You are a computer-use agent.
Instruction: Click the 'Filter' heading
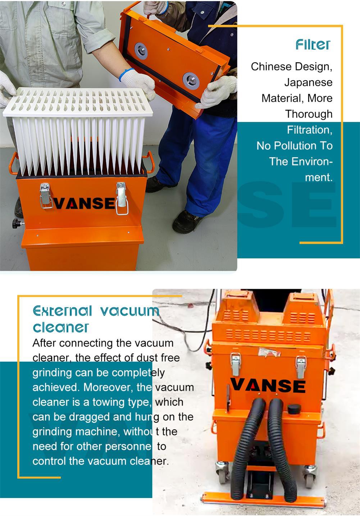(313, 45)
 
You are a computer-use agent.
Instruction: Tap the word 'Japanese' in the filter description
(309, 82)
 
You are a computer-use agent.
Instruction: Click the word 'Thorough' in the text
(309, 114)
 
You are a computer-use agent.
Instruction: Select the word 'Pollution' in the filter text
(295, 146)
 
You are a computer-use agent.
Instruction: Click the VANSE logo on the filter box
(84, 203)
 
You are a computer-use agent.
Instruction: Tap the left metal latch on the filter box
(45, 195)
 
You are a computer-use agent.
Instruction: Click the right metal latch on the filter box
(122, 198)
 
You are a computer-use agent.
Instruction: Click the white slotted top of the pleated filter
(78, 101)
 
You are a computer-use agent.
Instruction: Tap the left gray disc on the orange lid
(141, 51)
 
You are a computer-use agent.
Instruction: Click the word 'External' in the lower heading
(63, 311)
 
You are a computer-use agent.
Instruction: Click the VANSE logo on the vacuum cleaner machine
(268, 385)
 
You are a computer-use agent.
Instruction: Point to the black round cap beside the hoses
(294, 408)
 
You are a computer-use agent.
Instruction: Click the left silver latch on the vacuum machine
(236, 364)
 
